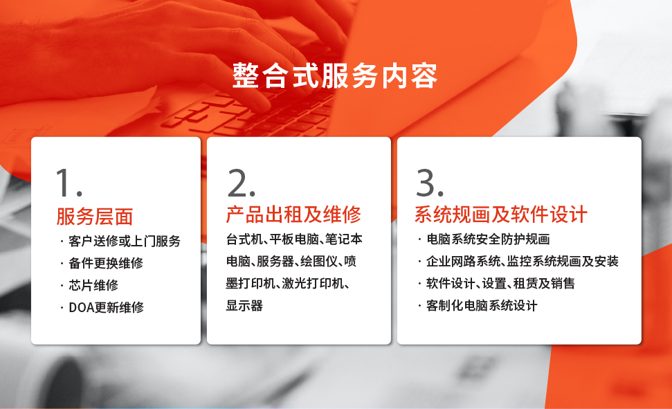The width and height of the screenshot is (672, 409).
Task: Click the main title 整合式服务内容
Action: (335, 76)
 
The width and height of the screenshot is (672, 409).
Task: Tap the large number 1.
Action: (69, 183)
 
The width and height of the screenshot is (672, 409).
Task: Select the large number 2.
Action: (242, 183)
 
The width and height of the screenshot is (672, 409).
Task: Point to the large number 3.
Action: (429, 183)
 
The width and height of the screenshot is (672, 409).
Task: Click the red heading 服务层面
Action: (95, 217)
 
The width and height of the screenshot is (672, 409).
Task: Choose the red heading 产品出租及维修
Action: (293, 215)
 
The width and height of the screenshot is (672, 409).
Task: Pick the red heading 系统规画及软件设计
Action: (500, 215)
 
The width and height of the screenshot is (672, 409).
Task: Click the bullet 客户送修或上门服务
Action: (125, 241)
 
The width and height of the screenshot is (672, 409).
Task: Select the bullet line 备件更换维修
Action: (106, 263)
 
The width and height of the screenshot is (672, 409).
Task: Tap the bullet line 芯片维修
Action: (93, 285)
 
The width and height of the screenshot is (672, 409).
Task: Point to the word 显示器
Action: (244, 306)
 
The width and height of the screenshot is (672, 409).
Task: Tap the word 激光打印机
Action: (312, 283)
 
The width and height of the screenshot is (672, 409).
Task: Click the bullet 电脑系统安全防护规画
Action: (488, 239)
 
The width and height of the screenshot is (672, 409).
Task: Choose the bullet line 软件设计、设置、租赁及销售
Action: (500, 283)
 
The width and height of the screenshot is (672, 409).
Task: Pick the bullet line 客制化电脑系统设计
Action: (482, 306)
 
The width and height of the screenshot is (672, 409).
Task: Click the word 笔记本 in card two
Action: (344, 239)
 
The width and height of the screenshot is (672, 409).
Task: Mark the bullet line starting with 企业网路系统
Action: (523, 261)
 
